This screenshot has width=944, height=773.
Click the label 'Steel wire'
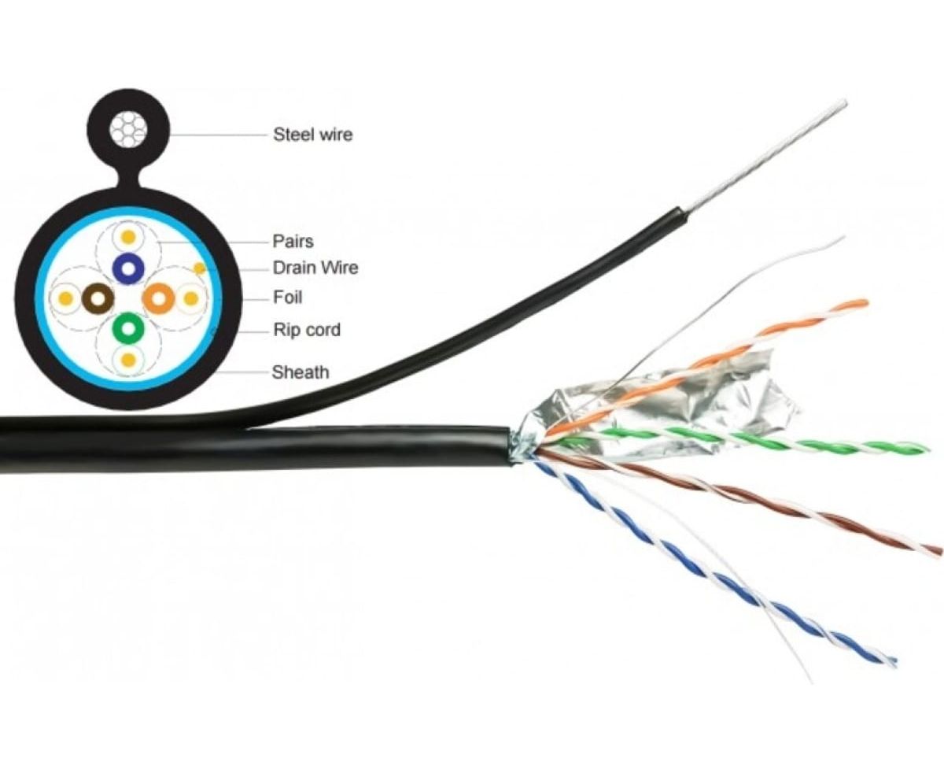312,135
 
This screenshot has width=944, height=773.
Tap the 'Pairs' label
293,241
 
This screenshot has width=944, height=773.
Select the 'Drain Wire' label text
315,268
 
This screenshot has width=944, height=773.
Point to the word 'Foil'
287,298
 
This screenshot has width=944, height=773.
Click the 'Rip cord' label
306,330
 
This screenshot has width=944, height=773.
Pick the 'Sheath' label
300,372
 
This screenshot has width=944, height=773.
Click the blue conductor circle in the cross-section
127,269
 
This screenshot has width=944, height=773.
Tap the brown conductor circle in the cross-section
98,298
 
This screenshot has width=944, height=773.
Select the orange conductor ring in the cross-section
158,298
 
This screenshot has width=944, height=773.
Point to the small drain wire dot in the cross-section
200,268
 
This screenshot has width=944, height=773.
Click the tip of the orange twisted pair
863,303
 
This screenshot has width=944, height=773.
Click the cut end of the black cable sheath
508,447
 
